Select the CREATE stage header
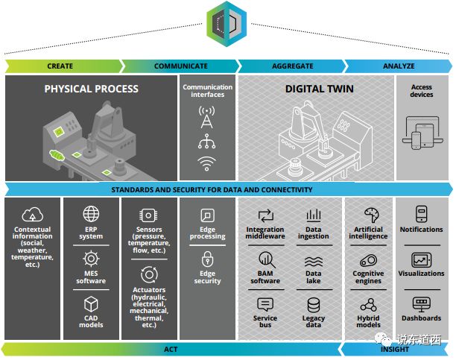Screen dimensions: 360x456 click(x=60, y=66)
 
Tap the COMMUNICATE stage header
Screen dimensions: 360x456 click(x=180, y=66)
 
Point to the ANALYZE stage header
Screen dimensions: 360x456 click(x=399, y=66)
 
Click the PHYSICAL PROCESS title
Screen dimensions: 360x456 click(x=91, y=89)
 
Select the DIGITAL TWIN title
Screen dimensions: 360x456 click(x=319, y=89)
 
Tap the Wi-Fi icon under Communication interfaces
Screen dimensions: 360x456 click(x=207, y=164)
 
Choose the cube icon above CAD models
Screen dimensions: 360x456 click(x=91, y=304)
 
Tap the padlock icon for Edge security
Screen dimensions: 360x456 click(x=207, y=260)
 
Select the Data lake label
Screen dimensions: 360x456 click(x=314, y=277)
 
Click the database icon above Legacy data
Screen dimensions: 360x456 click(x=314, y=305)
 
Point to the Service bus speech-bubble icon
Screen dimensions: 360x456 click(x=265, y=305)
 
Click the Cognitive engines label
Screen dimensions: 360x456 click(x=368, y=277)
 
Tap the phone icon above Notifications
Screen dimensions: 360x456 click(x=421, y=213)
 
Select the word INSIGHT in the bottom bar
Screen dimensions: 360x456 click(x=395, y=349)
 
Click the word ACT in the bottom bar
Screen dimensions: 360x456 click(x=171, y=349)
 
